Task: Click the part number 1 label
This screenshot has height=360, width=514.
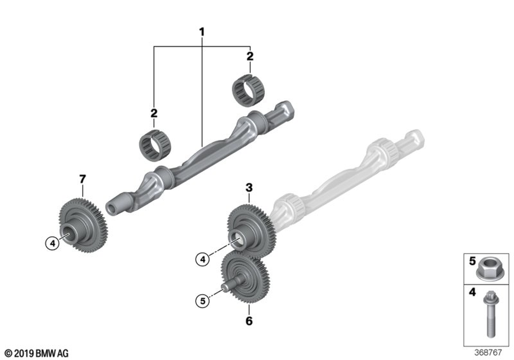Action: click(201, 32)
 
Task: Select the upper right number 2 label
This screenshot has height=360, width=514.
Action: click(250, 56)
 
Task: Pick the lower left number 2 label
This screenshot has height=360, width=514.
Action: click(154, 113)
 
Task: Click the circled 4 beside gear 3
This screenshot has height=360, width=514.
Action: click(204, 260)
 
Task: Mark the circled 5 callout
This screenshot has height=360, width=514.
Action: click(204, 301)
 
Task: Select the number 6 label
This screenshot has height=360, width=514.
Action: click(249, 321)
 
